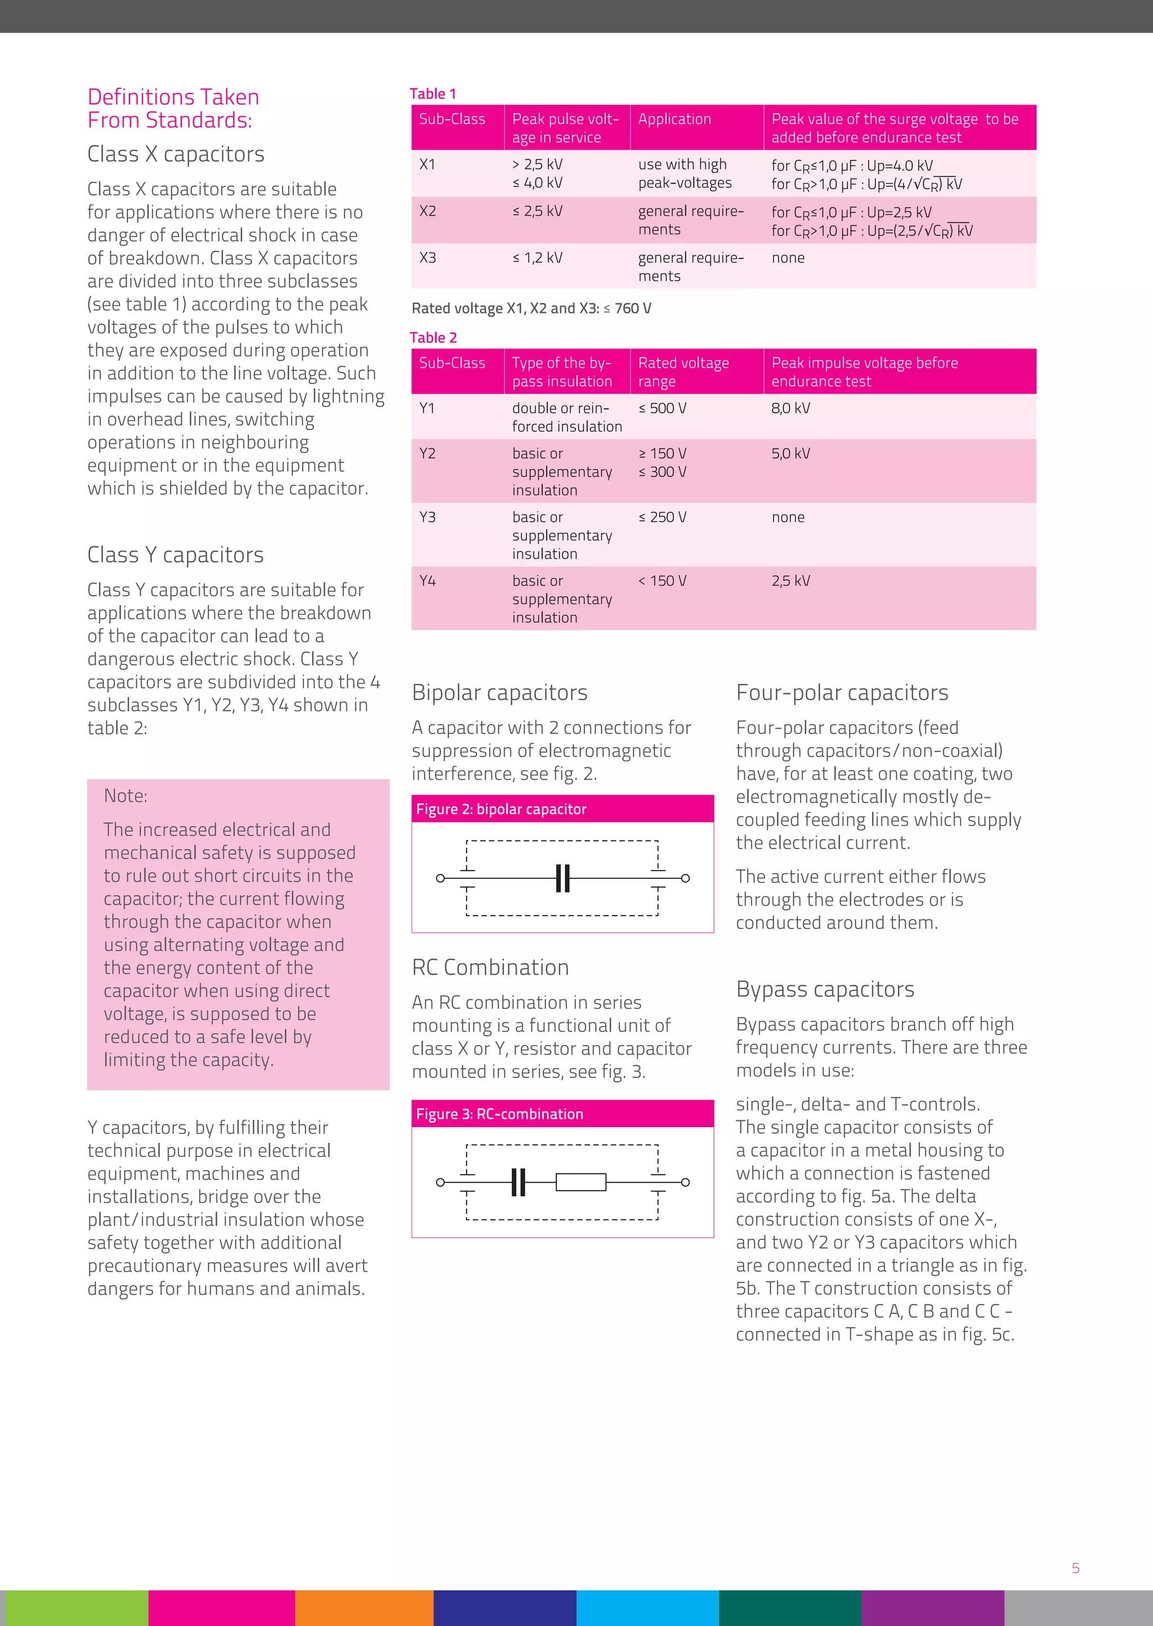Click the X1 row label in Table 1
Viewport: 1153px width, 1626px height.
tap(427, 165)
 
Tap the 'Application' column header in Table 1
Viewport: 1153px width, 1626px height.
tap(674, 119)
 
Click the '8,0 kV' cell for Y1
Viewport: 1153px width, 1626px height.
tap(790, 408)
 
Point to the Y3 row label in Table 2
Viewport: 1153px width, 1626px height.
tap(427, 517)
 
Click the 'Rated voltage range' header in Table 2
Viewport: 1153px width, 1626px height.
tap(683, 372)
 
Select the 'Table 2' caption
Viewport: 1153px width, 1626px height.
tap(433, 338)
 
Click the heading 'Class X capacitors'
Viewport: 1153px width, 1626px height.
tap(175, 154)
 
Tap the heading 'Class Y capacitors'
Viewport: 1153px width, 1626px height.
tap(175, 555)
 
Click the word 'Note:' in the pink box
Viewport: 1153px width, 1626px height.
tap(126, 796)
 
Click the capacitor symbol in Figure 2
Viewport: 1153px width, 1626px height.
tap(562, 878)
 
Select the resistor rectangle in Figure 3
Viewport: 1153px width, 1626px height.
tap(581, 1182)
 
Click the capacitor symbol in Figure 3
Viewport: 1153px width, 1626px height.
tap(519, 1182)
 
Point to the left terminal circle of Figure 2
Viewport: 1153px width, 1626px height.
tap(440, 878)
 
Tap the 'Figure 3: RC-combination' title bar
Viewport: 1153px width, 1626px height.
tap(562, 1114)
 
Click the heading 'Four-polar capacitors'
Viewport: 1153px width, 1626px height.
tap(842, 693)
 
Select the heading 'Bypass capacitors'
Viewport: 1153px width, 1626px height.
tap(825, 989)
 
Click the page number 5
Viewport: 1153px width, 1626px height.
tap(1076, 1569)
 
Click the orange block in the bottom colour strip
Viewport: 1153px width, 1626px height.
tap(364, 1607)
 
